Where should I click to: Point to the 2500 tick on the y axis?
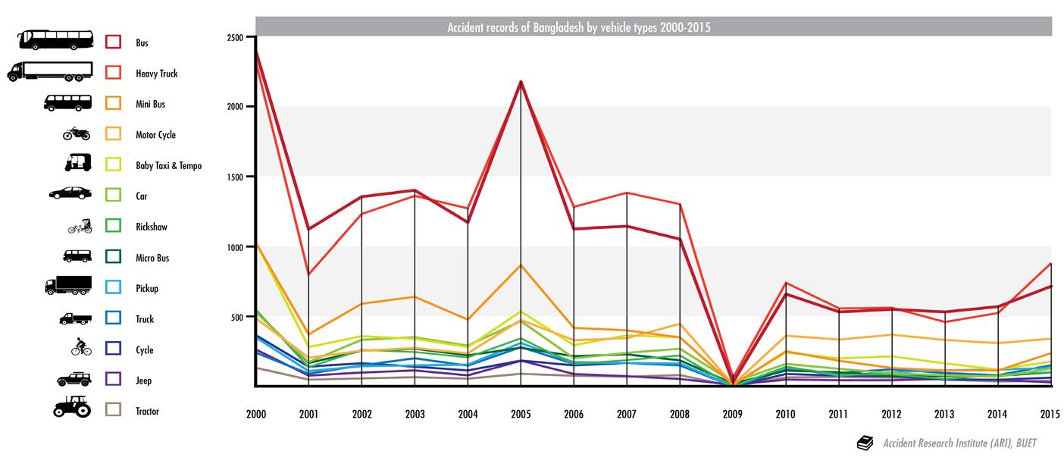235,37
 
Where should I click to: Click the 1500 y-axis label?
235,177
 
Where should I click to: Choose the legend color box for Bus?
114,42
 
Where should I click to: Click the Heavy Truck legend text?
157,74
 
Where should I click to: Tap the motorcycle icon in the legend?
76,134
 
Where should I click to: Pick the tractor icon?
72,406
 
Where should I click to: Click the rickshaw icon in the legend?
80,226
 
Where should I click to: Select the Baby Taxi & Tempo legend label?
168,165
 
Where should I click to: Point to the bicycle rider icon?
80,348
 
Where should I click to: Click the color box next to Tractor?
114,410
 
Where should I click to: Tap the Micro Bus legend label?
152,258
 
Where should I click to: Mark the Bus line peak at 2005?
521,81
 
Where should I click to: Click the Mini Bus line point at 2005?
521,265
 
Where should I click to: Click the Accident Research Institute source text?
959,443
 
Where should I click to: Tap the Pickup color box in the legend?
114,288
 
